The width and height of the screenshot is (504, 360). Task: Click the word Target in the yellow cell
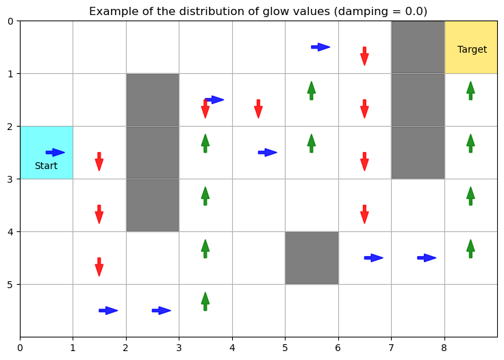click(x=472, y=50)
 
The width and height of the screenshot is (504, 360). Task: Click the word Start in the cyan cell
click(x=46, y=166)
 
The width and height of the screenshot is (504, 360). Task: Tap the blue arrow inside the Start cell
click(x=55, y=153)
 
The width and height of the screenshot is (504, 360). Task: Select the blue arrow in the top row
click(x=320, y=47)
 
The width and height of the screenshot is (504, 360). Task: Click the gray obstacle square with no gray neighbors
click(x=312, y=258)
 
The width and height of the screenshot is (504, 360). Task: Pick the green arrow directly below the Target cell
click(x=470, y=90)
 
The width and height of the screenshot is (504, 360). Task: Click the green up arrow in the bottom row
click(x=205, y=301)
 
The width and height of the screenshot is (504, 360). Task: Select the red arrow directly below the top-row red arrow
click(x=364, y=109)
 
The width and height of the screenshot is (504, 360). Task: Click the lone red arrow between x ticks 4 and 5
click(x=258, y=109)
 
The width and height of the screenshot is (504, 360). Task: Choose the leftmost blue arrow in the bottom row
click(x=108, y=311)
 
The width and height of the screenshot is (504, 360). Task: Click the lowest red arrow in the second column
click(x=99, y=267)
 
